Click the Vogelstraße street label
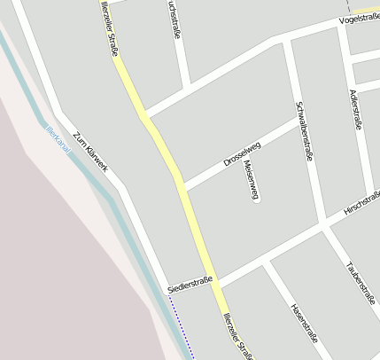click(x=359, y=19)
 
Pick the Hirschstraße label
click(x=362, y=203)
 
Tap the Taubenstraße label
click(x=360, y=283)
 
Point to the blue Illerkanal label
click(x=58, y=139)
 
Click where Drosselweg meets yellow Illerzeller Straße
click(x=182, y=186)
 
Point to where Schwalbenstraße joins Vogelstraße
click(x=287, y=41)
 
